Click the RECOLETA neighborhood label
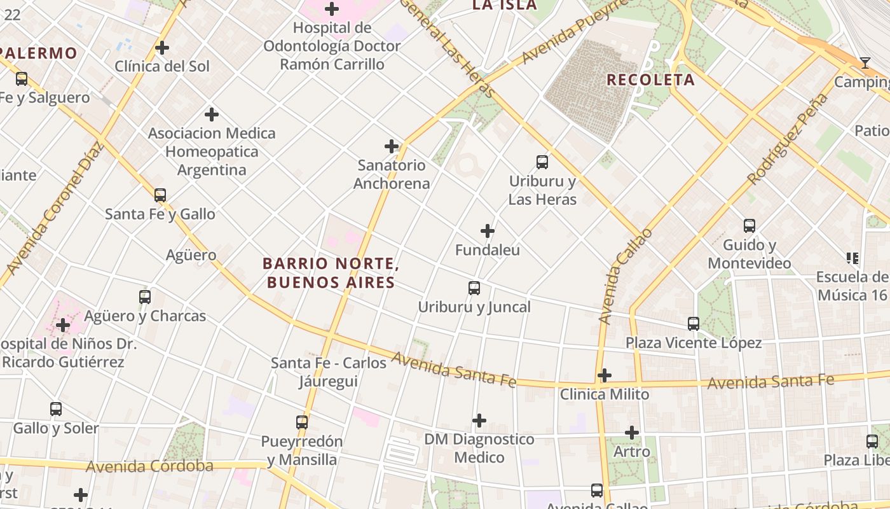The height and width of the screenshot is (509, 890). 650,80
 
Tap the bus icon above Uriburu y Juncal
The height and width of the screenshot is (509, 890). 474,288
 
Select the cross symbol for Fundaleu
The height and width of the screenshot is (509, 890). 488,230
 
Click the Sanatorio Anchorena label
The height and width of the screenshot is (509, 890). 392,174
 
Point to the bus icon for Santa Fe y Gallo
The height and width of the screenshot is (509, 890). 160,195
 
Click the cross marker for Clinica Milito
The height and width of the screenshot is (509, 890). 605,375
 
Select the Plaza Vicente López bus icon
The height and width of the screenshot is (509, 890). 694,324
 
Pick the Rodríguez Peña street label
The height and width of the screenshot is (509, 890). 788,139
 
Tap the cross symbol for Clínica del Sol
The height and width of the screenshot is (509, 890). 162,48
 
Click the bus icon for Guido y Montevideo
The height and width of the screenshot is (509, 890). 750,225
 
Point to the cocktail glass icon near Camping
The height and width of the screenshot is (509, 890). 865,62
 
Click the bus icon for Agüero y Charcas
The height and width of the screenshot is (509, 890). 145,296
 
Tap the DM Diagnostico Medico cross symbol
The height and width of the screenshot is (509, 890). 479,421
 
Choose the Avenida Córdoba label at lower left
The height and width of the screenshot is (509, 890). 149,466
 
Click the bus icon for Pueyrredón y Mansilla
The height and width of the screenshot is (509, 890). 302,422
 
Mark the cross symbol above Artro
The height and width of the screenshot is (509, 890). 631,433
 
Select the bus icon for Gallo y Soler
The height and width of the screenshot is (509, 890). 56,409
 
